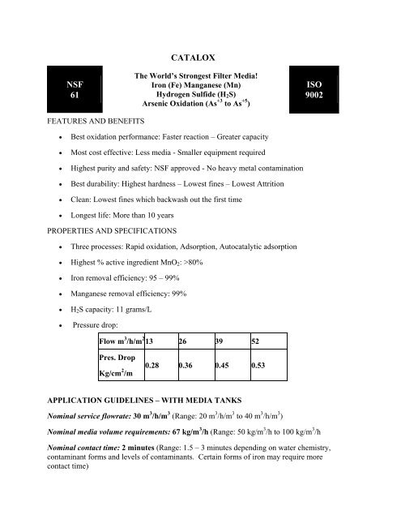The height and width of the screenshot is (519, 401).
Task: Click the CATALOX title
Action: [200, 58]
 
